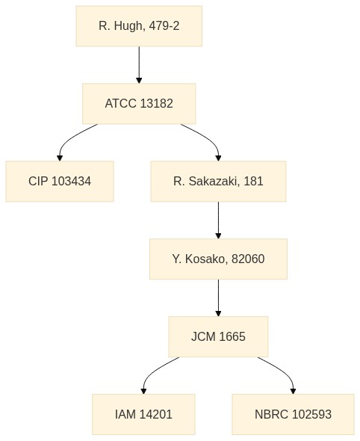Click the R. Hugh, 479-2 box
click(x=139, y=26)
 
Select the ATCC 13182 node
click(x=139, y=103)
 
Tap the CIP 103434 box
click(x=60, y=181)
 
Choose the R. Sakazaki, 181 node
click(x=218, y=181)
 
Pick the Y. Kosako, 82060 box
click(x=218, y=259)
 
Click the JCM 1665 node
click(x=218, y=336)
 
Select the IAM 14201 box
click(x=143, y=414)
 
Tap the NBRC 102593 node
click(x=293, y=414)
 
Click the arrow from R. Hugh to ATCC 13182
click(x=139, y=65)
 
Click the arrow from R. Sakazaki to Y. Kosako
click(x=218, y=220)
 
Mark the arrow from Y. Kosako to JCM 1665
click(x=218, y=297)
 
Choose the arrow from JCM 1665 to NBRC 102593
click(x=284, y=371)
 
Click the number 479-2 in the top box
click(x=164, y=26)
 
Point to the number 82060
click(x=248, y=259)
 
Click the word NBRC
click(x=271, y=414)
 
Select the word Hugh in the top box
click(x=130, y=26)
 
